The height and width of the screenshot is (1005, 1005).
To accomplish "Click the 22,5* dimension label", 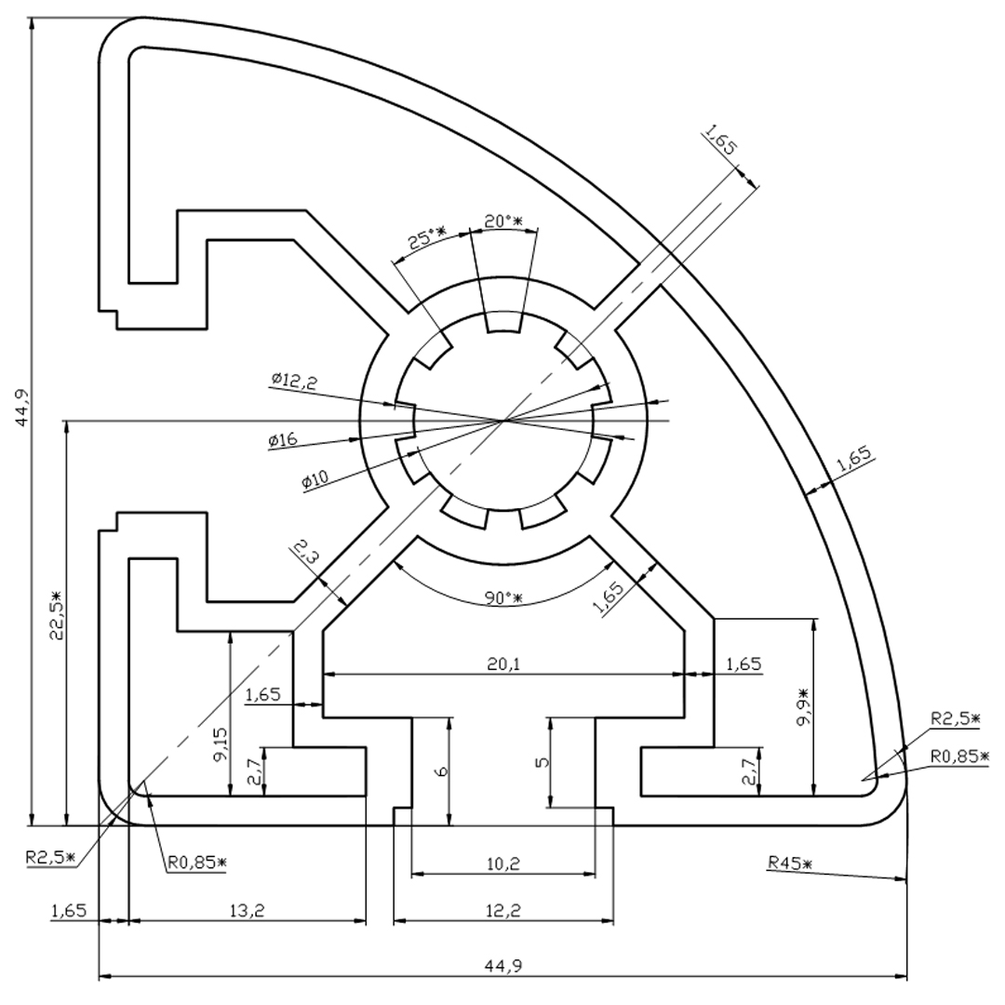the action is coord(56,615).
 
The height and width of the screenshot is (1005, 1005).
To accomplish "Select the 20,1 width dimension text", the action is coord(503,664).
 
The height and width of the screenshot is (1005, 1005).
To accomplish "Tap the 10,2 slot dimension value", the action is coord(503,864).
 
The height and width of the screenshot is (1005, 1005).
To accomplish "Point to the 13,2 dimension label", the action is coord(247,910).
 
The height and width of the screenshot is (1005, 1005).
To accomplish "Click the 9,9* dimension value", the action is coord(803,707).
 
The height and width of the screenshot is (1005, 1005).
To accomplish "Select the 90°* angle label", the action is coord(503,597).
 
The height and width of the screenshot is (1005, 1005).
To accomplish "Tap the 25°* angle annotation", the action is coord(426,238).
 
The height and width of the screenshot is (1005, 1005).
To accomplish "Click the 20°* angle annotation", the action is coord(503,221).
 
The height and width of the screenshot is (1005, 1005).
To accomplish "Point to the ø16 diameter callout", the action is coord(283,439).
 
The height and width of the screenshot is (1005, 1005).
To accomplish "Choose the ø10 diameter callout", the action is coord(315,479).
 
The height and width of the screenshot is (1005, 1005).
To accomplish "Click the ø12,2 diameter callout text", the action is coord(293,382).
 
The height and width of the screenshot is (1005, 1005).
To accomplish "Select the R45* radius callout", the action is coord(790,863).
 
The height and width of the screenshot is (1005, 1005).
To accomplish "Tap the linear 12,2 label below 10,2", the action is coord(503,910).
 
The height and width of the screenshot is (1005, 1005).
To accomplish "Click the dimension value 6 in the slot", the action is coord(442,771).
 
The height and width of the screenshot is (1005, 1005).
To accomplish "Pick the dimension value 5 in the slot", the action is coord(542,762).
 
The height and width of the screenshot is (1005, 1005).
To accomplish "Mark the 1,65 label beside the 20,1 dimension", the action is coord(744,664).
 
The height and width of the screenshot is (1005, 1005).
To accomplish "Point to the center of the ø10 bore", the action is coord(503,422).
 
